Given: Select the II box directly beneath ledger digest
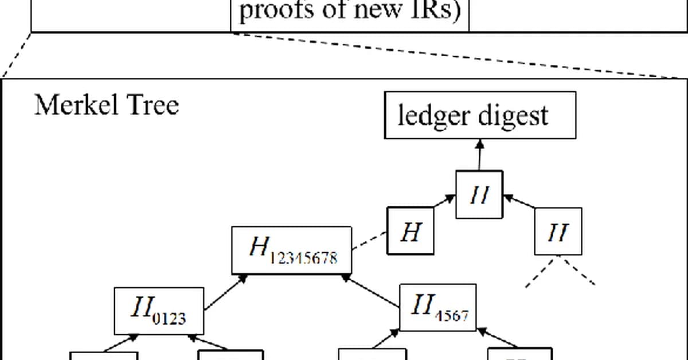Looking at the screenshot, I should tap(479, 195).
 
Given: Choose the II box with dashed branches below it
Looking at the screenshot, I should tap(558, 232).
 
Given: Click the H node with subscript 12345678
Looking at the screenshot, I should tap(291, 250).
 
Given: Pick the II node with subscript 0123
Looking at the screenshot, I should tap(159, 311).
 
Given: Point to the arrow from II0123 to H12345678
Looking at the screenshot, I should tap(225, 292).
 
